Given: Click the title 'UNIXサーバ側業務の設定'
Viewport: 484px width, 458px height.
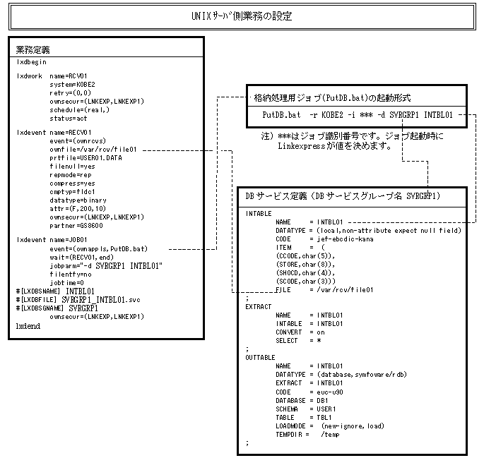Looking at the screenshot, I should (242, 15).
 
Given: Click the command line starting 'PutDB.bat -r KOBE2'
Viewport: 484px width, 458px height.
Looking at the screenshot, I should (357, 114).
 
